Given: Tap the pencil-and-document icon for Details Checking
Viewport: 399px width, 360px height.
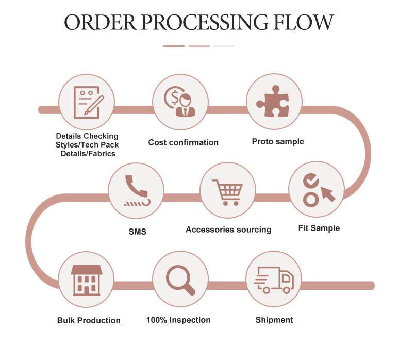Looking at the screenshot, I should click(87, 102).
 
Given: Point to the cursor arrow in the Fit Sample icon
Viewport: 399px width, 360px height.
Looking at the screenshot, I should click(327, 193).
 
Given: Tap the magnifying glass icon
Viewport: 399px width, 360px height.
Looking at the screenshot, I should click(180, 281).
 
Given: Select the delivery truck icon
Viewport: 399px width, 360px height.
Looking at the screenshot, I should click(274, 281).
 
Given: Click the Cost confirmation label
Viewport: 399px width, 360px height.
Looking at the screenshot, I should click(183, 142).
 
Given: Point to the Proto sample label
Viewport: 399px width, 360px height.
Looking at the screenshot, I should click(278, 141).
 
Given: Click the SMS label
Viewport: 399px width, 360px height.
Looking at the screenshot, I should click(137, 232).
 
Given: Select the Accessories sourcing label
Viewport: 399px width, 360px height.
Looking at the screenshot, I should click(228, 230).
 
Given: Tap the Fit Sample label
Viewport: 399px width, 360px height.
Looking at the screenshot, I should click(319, 228).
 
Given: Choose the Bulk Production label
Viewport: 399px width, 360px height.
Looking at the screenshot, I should click(89, 320).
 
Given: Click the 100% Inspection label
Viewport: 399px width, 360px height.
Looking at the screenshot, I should click(178, 320).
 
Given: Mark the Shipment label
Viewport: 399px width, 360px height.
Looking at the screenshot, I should click(274, 320).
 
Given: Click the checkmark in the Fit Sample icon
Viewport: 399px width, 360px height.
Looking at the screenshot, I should click(311, 181).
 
